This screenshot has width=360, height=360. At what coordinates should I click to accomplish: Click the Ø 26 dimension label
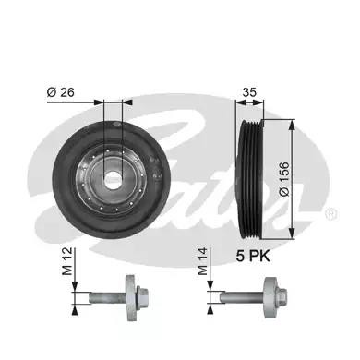[61, 92]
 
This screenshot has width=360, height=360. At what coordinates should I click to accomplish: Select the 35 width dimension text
[249, 92]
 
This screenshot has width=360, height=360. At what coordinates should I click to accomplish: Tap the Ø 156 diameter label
[284, 179]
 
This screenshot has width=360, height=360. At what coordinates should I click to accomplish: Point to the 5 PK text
[253, 256]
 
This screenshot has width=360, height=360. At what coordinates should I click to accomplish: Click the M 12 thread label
[67, 261]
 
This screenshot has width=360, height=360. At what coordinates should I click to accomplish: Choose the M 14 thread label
[203, 261]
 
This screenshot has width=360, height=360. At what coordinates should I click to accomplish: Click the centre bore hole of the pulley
[113, 180]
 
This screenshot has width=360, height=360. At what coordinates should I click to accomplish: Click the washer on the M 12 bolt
[130, 298]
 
